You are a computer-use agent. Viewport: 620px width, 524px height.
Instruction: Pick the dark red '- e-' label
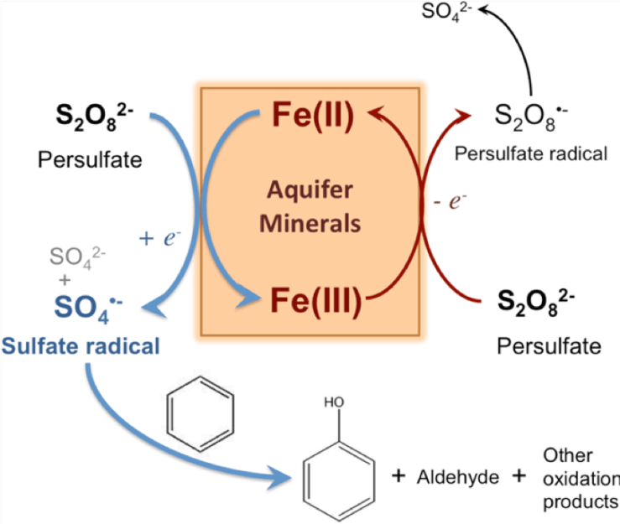point(453,202)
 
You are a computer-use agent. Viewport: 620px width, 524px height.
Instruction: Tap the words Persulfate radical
point(529,153)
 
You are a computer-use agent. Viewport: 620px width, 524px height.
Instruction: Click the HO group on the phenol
point(334,402)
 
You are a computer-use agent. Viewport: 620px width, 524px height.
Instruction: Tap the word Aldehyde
point(453,476)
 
